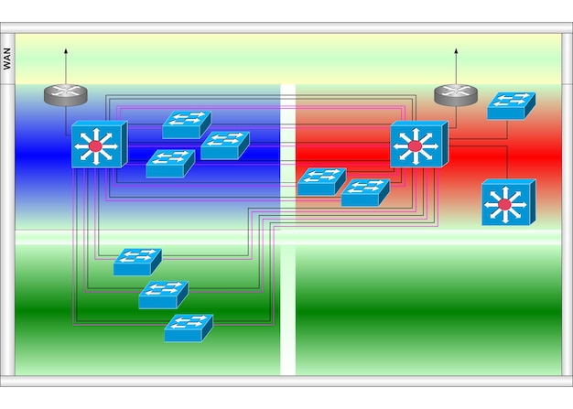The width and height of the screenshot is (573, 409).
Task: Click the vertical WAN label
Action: (x=7, y=59)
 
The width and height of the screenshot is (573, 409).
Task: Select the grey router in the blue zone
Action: (x=66, y=92)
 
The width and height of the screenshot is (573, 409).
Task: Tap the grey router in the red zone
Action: (x=455, y=92)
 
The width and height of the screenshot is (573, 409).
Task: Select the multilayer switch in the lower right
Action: (x=506, y=203)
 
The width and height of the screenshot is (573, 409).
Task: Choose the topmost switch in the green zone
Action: (x=136, y=262)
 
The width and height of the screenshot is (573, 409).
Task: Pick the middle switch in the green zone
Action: (x=163, y=295)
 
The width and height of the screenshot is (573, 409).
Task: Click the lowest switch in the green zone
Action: (x=189, y=328)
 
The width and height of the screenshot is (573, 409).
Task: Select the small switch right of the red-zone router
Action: (x=510, y=106)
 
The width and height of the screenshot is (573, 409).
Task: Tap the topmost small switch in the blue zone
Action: (x=186, y=125)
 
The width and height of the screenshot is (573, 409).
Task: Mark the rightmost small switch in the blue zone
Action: (x=224, y=145)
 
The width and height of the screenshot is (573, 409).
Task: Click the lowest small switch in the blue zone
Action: (x=169, y=164)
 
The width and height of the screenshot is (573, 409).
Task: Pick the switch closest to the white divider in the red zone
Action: (x=320, y=182)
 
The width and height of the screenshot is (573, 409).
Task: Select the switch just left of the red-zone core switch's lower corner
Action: (x=364, y=192)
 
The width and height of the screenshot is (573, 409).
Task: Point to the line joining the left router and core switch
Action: (x=66, y=114)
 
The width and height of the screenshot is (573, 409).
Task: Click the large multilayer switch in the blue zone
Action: (x=98, y=145)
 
